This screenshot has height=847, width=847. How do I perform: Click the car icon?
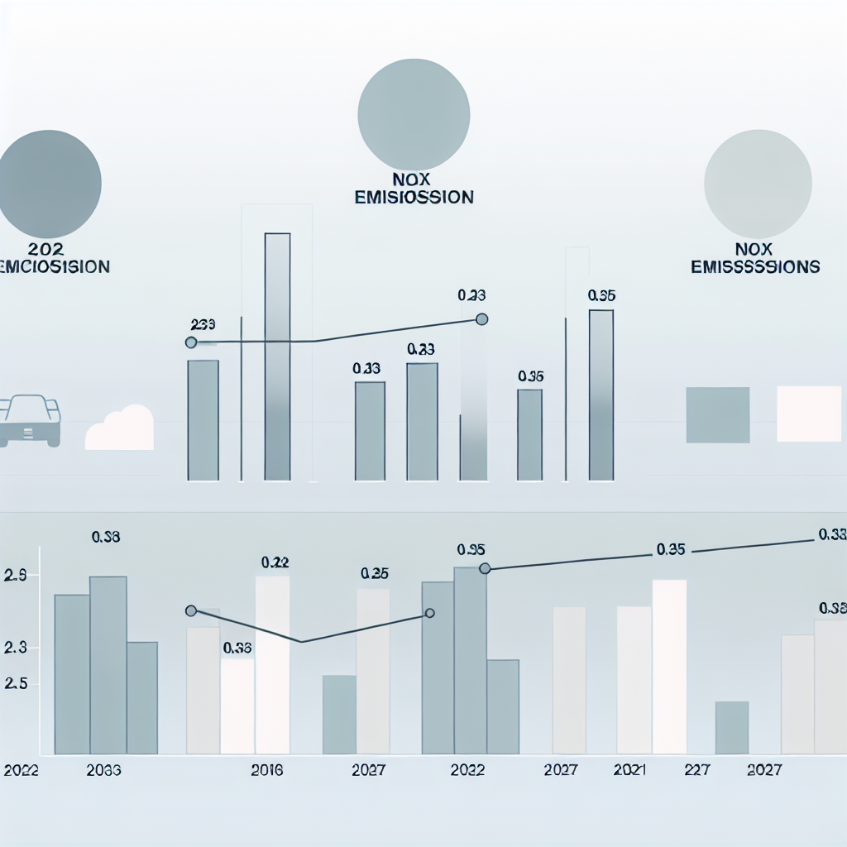pos(30,420)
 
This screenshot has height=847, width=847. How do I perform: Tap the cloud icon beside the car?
pos(121,428)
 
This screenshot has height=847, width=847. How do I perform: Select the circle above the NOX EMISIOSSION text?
pos(414,113)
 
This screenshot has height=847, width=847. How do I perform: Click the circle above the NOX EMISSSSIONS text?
pos(758,184)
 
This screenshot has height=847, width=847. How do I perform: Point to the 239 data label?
pos(203,324)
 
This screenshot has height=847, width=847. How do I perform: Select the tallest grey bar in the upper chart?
pos(277,356)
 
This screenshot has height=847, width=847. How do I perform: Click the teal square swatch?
pos(718,414)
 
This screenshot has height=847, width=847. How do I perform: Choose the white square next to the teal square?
pos(809,414)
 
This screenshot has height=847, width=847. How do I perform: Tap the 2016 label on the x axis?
pos(266,770)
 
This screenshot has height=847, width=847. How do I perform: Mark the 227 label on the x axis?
pos(698,770)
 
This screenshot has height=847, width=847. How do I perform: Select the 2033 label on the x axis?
pos(103,770)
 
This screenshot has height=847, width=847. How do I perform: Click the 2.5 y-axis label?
pos(16,684)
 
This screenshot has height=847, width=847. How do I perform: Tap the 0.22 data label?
pos(275,562)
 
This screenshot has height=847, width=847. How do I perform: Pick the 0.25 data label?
pos(375,573)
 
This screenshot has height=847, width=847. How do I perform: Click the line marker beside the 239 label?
pos(191,342)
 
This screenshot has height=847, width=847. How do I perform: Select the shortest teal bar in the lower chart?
pos(731,728)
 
